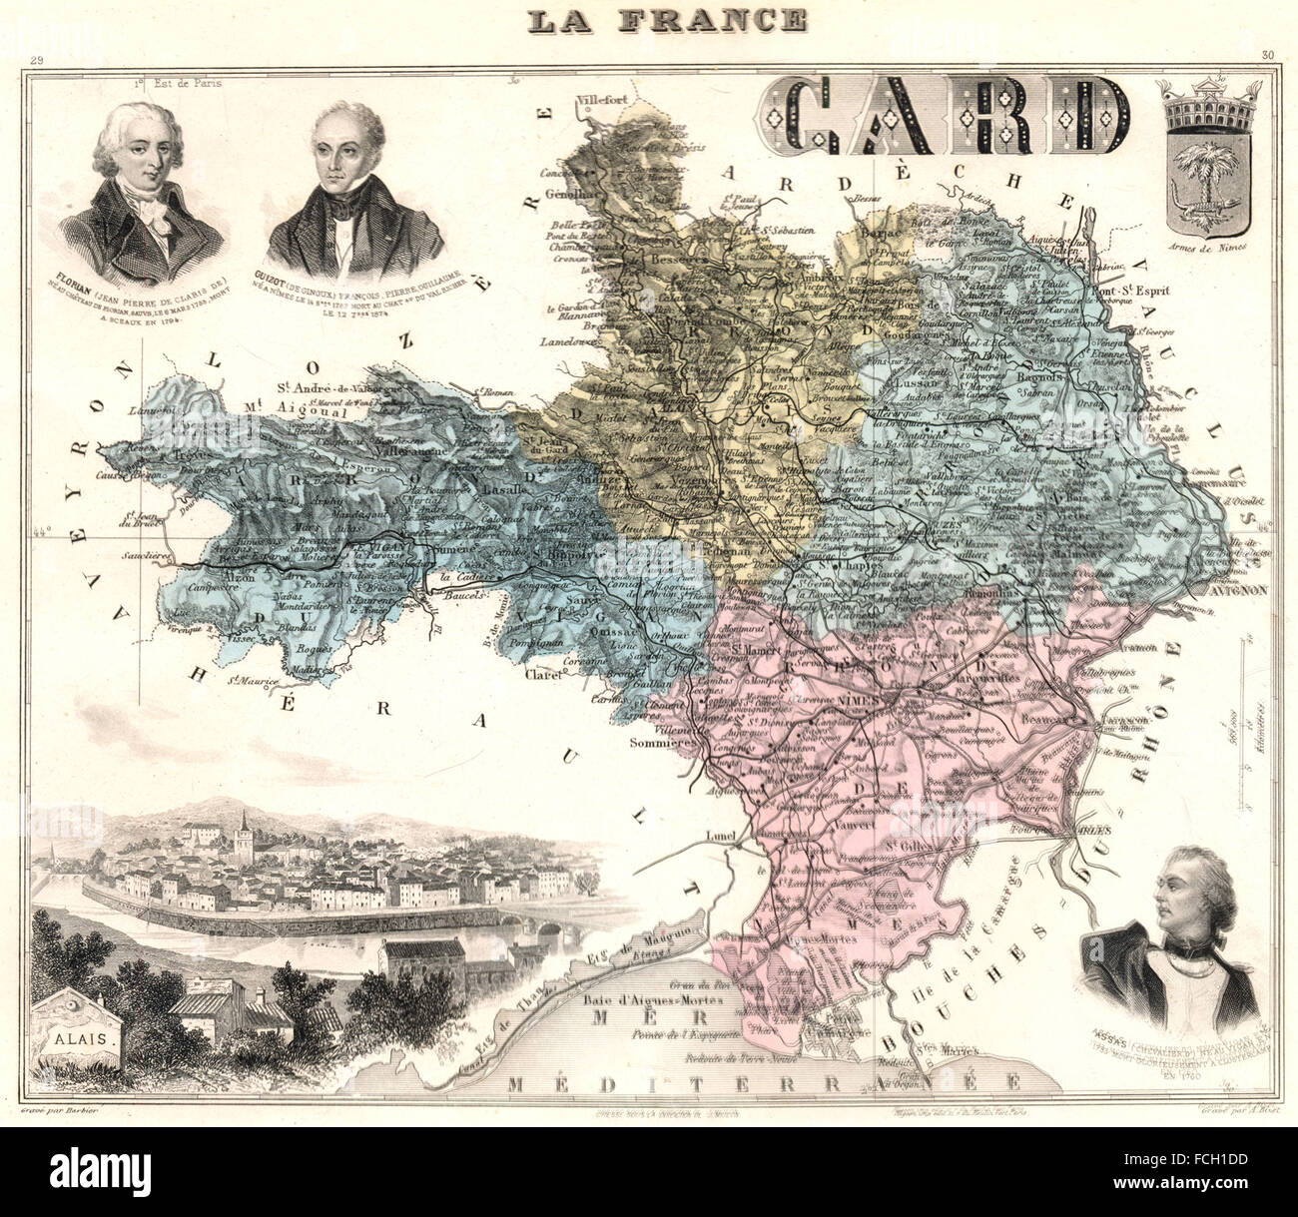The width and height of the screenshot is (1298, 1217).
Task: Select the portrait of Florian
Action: pos(140,190)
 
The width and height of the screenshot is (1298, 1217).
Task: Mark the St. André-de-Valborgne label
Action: pos(336,389)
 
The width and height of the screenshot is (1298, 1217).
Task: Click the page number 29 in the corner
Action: pos(37,63)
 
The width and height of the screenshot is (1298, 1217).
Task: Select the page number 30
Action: pos(1266,55)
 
